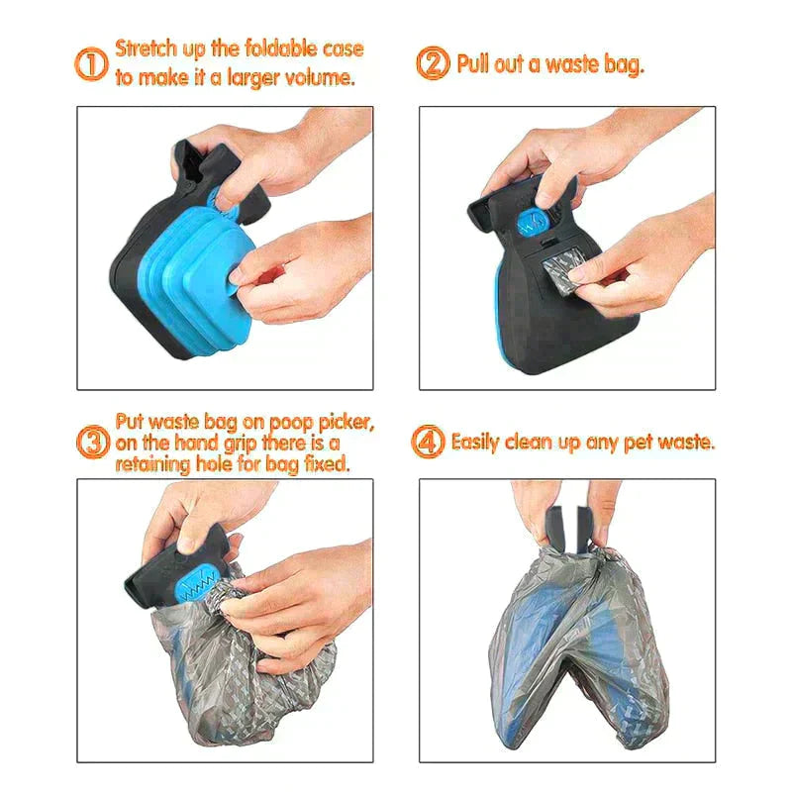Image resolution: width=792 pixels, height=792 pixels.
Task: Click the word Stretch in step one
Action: [x=145, y=48]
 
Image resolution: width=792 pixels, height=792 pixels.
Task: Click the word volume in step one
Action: [x=319, y=78]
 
